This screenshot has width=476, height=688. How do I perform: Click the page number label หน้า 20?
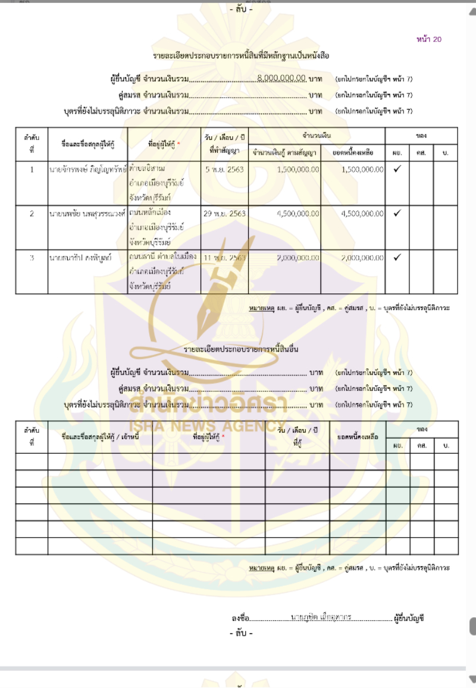click(429, 40)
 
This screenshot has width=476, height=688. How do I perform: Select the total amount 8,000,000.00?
click(282, 79)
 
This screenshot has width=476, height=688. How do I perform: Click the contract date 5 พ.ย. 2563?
click(224, 170)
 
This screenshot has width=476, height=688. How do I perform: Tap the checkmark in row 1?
click(397, 169)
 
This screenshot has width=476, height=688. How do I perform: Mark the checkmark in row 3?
click(397, 257)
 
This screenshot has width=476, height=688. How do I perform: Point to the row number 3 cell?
click(32, 257)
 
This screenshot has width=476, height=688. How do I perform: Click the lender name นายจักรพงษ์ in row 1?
click(87, 170)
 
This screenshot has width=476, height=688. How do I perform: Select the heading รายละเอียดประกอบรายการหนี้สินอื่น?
click(241, 349)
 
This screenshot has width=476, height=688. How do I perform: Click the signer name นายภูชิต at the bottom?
click(321, 617)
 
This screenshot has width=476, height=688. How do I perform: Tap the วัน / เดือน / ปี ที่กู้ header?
click(297, 437)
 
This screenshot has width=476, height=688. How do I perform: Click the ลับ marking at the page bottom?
click(241, 633)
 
